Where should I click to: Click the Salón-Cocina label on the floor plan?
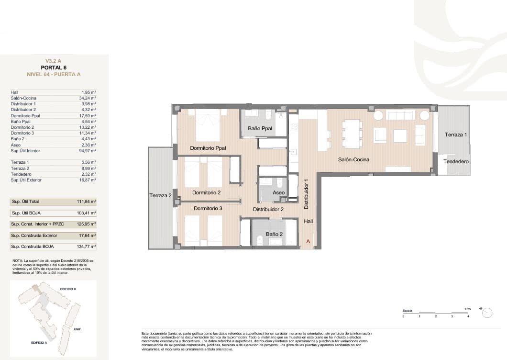pos(354,159)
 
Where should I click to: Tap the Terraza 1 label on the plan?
pos(455,135)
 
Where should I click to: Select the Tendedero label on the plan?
pos(455,162)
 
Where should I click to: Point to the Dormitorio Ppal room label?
pos(208,148)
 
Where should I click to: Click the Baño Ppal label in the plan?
pos(260,128)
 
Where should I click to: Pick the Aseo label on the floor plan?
pos(278,192)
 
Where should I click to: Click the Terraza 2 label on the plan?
pos(160,195)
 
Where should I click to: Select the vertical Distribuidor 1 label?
pos(306,194)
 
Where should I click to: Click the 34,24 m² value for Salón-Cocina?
pos(88,98)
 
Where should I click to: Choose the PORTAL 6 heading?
pos(54,67)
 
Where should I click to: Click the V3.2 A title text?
pos(54,61)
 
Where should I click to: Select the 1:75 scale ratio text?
pos(467,309)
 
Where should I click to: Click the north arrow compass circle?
pos(487,313)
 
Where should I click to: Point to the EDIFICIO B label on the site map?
pos(68,289)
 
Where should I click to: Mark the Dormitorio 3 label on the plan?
pos(208,208)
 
